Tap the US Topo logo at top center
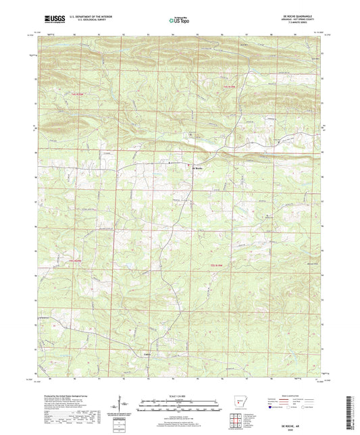tap(179, 21)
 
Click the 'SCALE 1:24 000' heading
tap(179, 396)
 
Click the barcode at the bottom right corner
tap(354, 405)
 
